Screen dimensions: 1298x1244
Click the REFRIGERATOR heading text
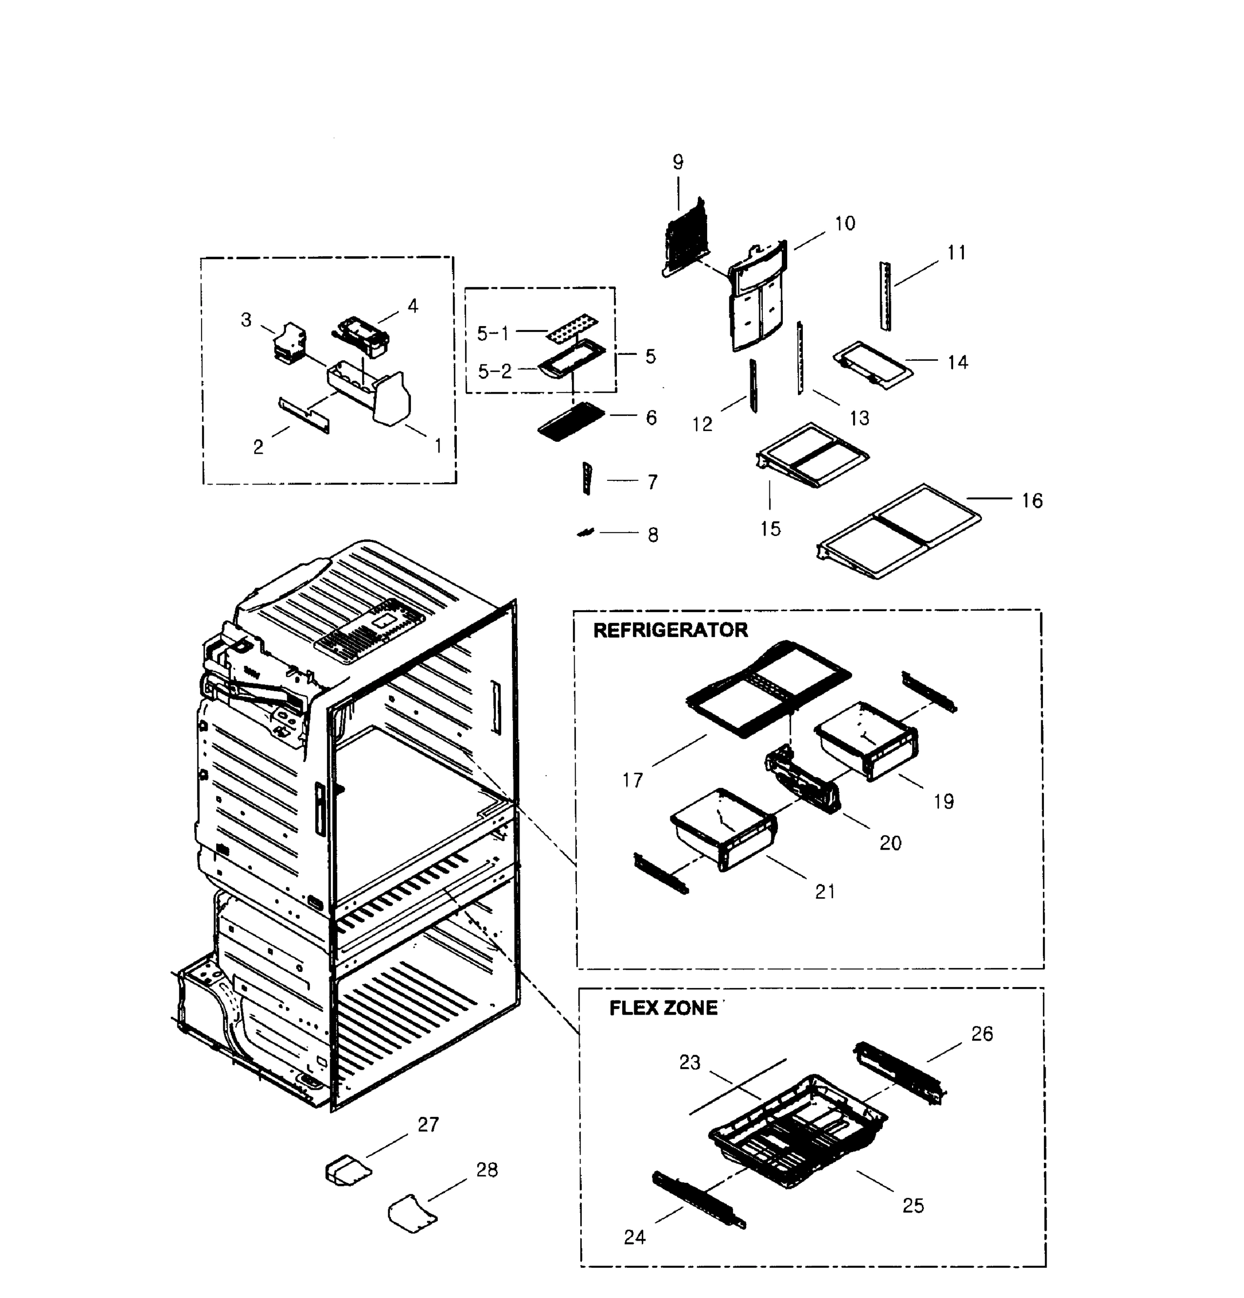pos(670,630)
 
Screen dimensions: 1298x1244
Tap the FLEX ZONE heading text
pos(663,1008)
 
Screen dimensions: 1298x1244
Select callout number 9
pos(678,162)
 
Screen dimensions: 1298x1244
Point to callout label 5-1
pos(493,333)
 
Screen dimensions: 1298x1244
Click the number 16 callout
pos(1032,501)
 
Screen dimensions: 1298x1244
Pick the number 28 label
pos(487,1170)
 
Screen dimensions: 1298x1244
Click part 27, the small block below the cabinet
pos(348,1170)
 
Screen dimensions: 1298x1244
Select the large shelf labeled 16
pos(899,531)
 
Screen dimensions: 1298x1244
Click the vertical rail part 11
pos(885,296)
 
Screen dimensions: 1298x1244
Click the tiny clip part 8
pos(586,532)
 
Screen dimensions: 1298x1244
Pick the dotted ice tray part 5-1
pos(573,328)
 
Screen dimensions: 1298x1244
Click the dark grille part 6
pos(571,421)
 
